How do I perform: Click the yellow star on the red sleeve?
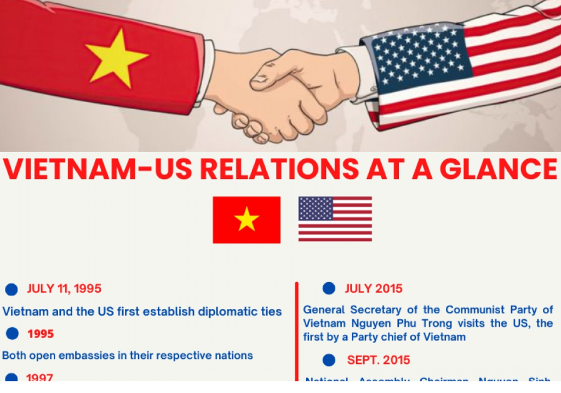[116, 57]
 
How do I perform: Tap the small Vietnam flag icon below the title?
[247, 220]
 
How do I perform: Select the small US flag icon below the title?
[335, 219]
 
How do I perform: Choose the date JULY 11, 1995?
[64, 289]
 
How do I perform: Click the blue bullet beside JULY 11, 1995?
[12, 290]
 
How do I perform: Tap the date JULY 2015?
[374, 289]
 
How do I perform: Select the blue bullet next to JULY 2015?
[329, 288]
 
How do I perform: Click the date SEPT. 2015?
[379, 360]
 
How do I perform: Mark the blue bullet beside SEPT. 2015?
[329, 360]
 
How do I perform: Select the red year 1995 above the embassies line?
[41, 334]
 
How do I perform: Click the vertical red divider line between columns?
[296, 329]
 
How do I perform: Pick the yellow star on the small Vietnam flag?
[247, 220]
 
